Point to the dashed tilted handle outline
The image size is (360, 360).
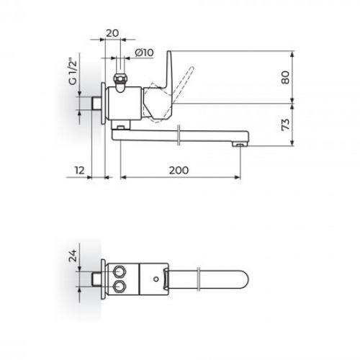189,78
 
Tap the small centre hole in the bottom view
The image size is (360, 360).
156,277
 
